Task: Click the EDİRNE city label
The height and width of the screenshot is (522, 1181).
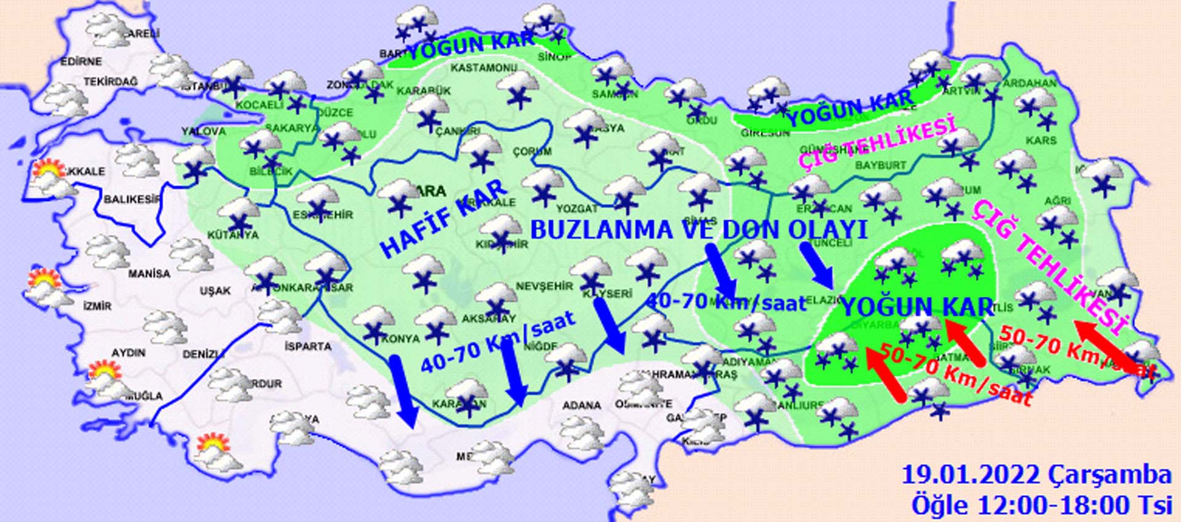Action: tap(81, 61)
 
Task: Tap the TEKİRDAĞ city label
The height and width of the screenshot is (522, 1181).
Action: tap(111, 81)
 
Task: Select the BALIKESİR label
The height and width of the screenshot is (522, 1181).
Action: tap(132, 199)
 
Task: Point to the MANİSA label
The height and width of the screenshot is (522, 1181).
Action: tap(149, 274)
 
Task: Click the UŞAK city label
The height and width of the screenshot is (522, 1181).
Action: tap(215, 291)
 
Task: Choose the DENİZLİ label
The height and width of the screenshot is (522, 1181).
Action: tap(203, 355)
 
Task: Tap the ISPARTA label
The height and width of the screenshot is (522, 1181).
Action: tap(308, 346)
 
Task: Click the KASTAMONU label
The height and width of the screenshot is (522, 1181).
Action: tap(483, 67)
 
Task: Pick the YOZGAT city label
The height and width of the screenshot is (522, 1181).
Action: tap(577, 209)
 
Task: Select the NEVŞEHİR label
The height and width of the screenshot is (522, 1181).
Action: tap(544, 287)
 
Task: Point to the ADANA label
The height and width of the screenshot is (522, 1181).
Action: tap(581, 405)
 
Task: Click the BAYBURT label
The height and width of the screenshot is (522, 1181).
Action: tap(881, 165)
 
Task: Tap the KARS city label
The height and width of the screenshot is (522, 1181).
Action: tap(1041, 141)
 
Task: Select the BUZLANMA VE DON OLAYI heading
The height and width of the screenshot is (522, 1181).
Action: tap(698, 229)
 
